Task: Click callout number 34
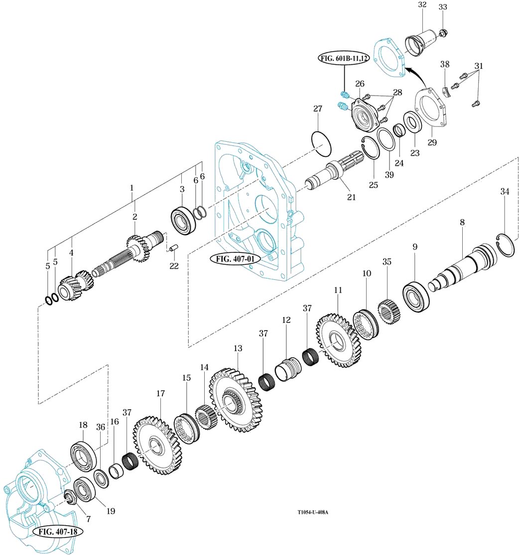tap(505, 191)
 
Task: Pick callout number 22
tap(173, 266)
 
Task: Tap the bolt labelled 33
tap(443, 33)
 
